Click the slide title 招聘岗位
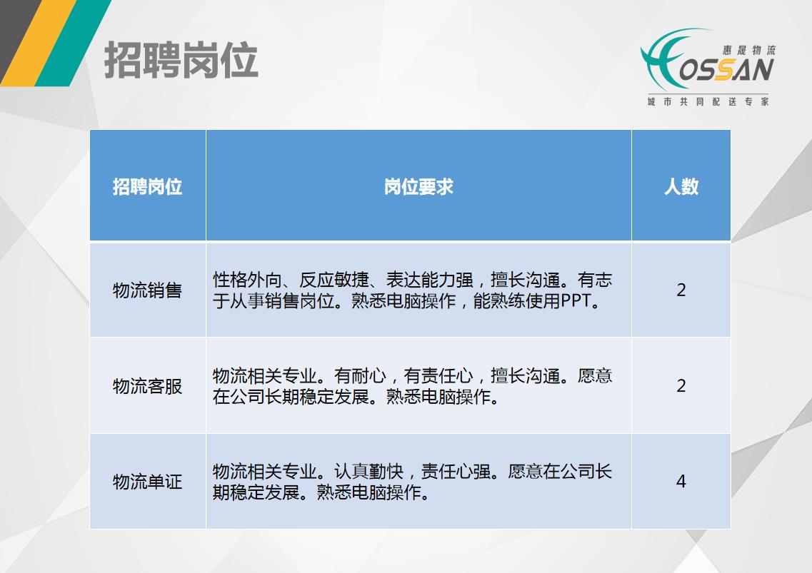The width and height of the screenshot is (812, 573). pos(181,61)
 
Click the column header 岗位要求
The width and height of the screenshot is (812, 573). pos(418,186)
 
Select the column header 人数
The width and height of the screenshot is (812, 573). pos(681,186)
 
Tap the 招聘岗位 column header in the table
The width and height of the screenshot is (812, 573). pos(148,186)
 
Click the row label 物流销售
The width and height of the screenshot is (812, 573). pos(148,290)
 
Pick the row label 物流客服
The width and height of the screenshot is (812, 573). pos(148,386)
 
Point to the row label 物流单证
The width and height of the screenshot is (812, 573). pos(148,482)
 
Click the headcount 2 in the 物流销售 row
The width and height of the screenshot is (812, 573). pos(681,290)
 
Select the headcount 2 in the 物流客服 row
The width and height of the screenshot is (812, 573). pos(681,386)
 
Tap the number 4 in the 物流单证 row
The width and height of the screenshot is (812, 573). pos(681,482)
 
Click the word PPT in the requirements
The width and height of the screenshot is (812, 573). pos(576,300)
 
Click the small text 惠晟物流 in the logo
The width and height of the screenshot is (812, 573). pos(749,50)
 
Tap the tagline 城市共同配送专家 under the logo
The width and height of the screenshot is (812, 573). pos(708,101)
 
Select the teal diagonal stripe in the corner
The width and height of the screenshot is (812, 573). pos(74,42)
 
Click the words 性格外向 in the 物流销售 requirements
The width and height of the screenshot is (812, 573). pos(247,280)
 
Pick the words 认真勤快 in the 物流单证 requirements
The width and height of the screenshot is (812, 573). pos(369,472)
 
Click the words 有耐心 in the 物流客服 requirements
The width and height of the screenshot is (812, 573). pos(360,376)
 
